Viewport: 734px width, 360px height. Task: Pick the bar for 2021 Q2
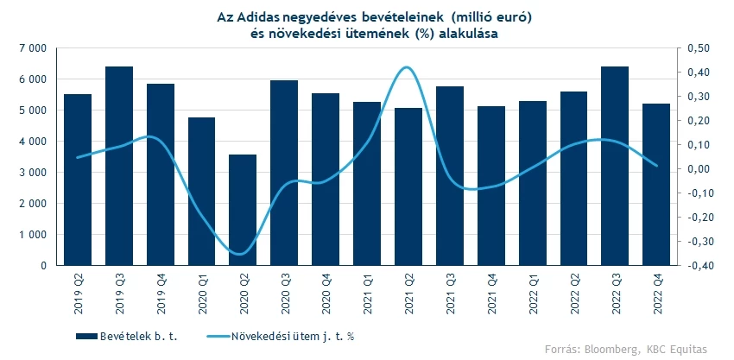408,186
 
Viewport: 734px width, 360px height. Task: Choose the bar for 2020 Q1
202,191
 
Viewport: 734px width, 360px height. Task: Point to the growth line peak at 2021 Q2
408,67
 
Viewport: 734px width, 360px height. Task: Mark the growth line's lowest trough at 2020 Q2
243,254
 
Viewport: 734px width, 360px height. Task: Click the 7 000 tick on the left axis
32,48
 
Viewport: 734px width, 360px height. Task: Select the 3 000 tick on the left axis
32,173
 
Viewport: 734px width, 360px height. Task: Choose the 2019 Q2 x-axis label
79,288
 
